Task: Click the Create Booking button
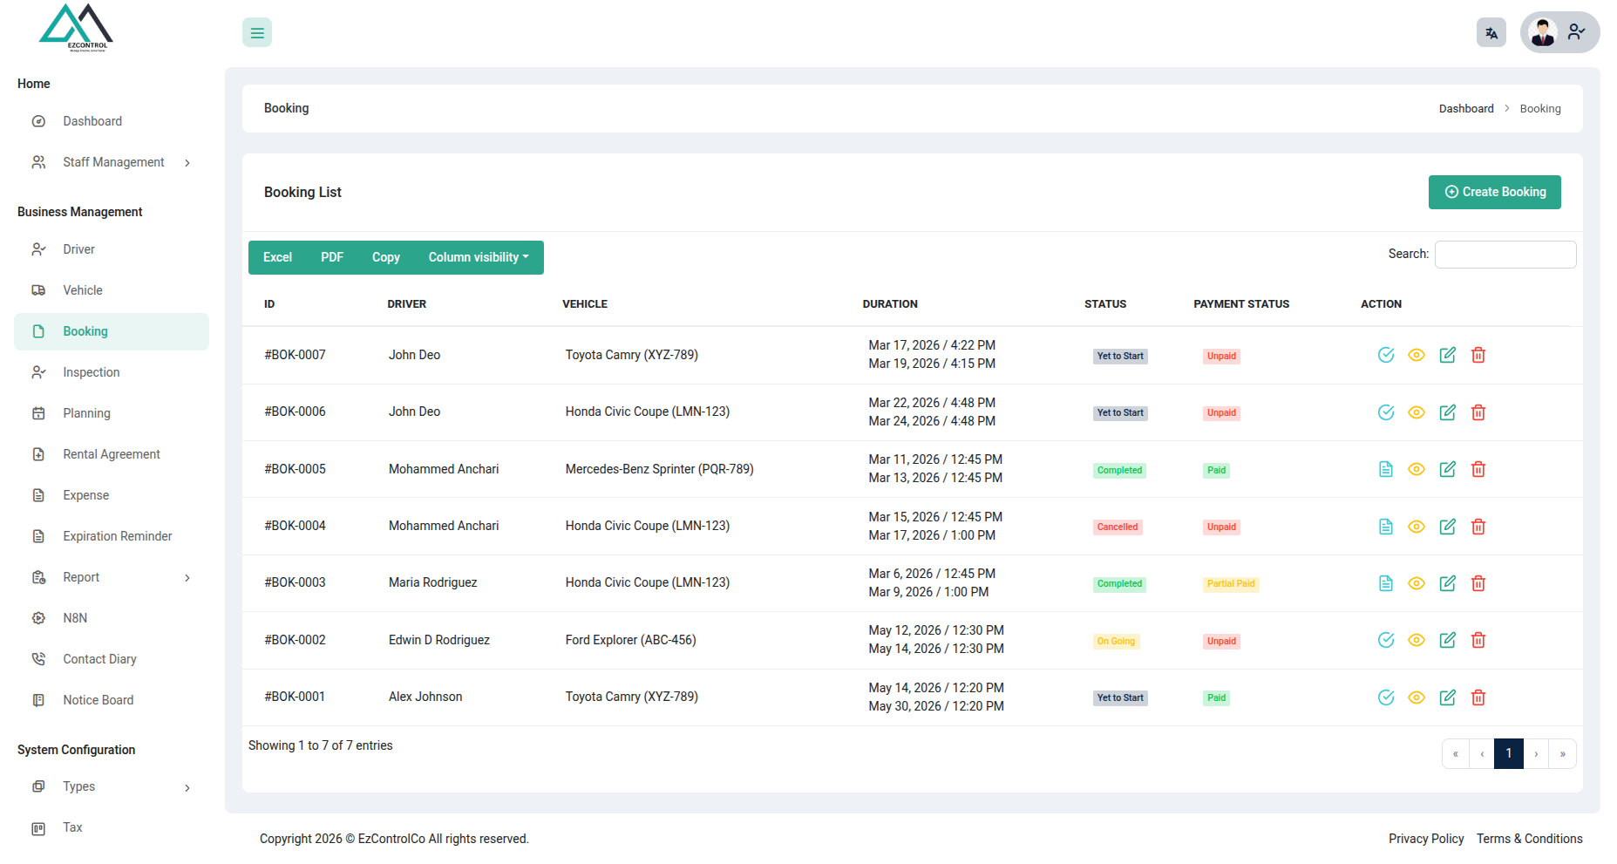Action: (1494, 192)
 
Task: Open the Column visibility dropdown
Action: (479, 257)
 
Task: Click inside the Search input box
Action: (1505, 254)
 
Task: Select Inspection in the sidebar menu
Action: (91, 372)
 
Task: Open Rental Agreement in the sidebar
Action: (112, 454)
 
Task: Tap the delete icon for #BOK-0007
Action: (1478, 355)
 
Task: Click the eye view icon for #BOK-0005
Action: (1417, 469)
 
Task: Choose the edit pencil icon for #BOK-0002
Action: (1448, 640)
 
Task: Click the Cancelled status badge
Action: (1118, 527)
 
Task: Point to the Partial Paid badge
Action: (1231, 584)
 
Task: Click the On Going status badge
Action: (1116, 641)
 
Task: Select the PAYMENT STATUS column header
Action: (1241, 304)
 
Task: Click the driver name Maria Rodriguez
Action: (432, 582)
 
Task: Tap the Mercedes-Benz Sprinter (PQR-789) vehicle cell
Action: (659, 469)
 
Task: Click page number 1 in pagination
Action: (1509, 753)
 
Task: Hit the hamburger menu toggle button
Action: (257, 32)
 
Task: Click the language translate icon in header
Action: (1491, 33)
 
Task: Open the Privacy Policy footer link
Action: (1426, 839)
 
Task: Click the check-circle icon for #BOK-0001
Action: (1386, 697)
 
